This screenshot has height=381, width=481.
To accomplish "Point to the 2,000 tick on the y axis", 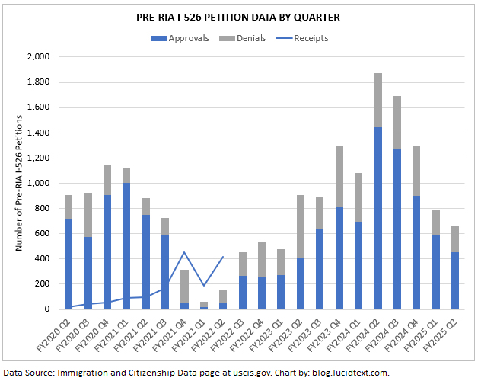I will (x=39, y=57).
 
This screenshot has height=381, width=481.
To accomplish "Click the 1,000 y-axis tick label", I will (x=39, y=184).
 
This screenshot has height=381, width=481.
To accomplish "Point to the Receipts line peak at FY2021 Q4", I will (x=184, y=252).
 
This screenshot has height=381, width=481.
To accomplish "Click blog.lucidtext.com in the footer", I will (x=352, y=373).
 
